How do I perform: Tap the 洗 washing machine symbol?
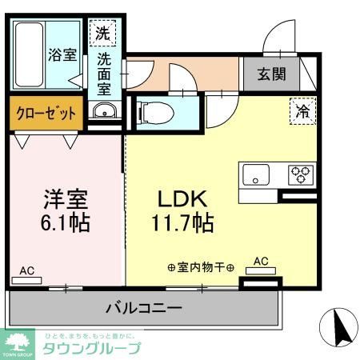point(103,34)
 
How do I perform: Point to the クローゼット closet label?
point(46,114)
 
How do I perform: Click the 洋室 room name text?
point(65,198)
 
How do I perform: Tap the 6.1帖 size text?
point(65,222)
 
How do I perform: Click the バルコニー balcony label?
point(145,307)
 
